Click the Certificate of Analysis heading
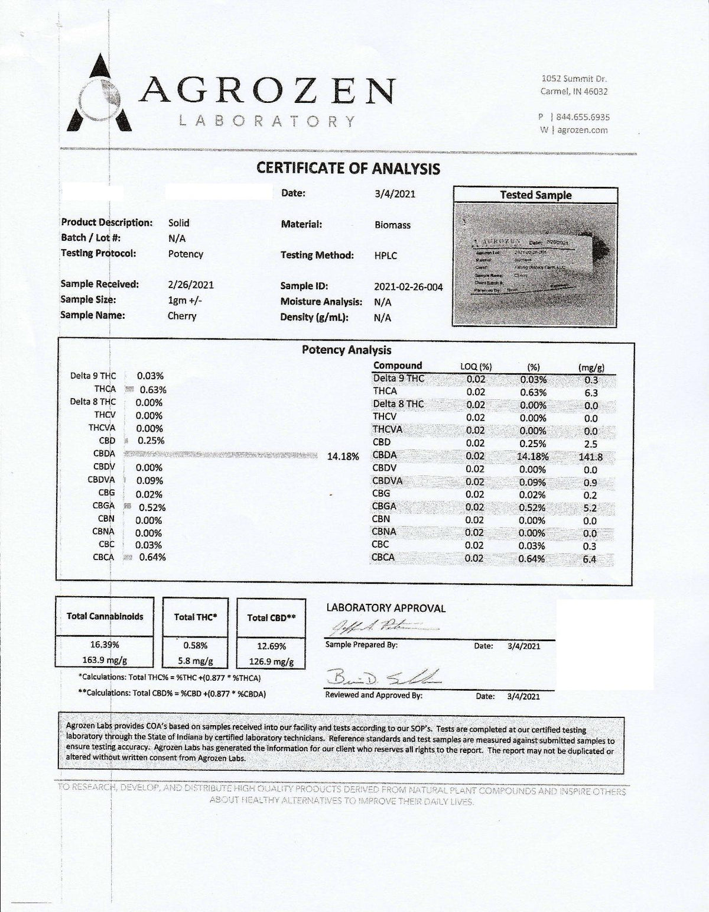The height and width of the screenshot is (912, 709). (x=348, y=169)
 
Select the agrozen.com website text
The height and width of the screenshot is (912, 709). (x=582, y=130)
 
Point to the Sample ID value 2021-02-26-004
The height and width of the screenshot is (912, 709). (x=408, y=287)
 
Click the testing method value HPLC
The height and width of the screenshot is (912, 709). (x=386, y=256)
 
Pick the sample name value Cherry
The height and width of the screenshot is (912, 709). (x=182, y=316)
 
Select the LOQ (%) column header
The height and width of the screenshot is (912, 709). (x=476, y=367)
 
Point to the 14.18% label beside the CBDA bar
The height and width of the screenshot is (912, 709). (x=343, y=457)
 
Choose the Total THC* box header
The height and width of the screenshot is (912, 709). (x=196, y=617)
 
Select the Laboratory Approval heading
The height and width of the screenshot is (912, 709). (x=386, y=608)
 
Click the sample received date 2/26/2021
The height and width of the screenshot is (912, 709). (x=191, y=284)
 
